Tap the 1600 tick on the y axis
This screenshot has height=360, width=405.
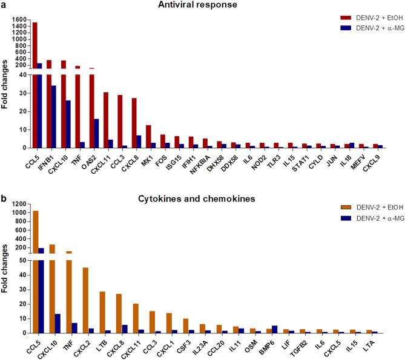(19, 19)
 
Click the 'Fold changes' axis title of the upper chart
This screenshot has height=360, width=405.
(5, 84)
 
